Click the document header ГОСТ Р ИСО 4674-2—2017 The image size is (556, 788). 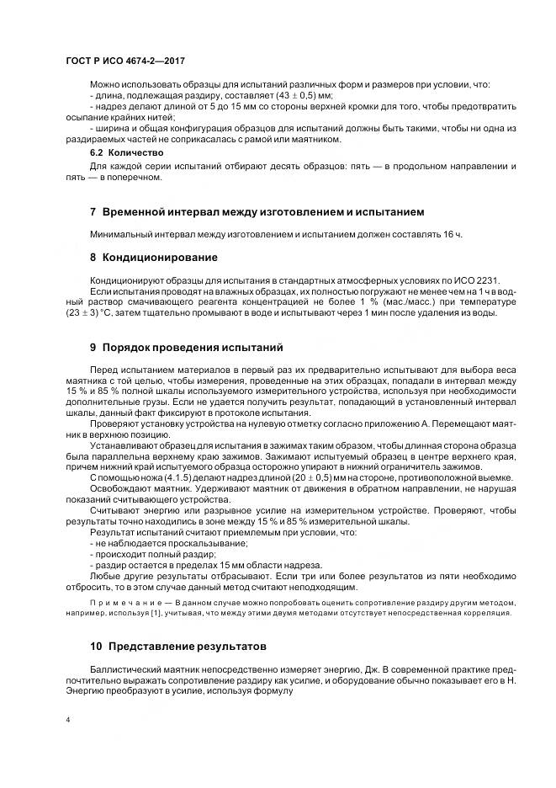click(x=125, y=61)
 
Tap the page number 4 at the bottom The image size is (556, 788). click(x=67, y=721)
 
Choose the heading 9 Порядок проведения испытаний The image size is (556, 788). click(x=187, y=347)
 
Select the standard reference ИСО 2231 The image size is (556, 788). click(x=449, y=278)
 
